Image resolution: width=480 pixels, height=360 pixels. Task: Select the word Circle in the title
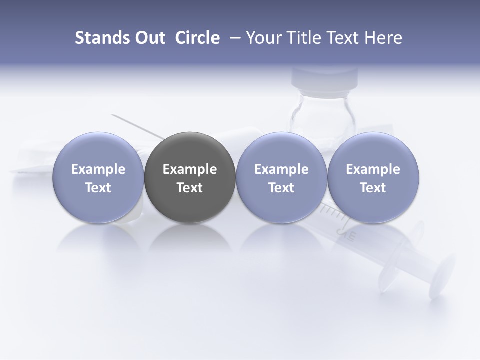[197, 38]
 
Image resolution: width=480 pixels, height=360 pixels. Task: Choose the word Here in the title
[382, 38]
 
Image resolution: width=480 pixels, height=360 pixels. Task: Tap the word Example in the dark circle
[190, 169]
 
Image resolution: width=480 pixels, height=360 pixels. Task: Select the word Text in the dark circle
[190, 188]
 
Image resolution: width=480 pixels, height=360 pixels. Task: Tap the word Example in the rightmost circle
[373, 169]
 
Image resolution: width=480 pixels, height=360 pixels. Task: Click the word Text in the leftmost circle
[98, 188]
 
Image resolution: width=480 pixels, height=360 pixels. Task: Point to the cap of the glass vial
[325, 77]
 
